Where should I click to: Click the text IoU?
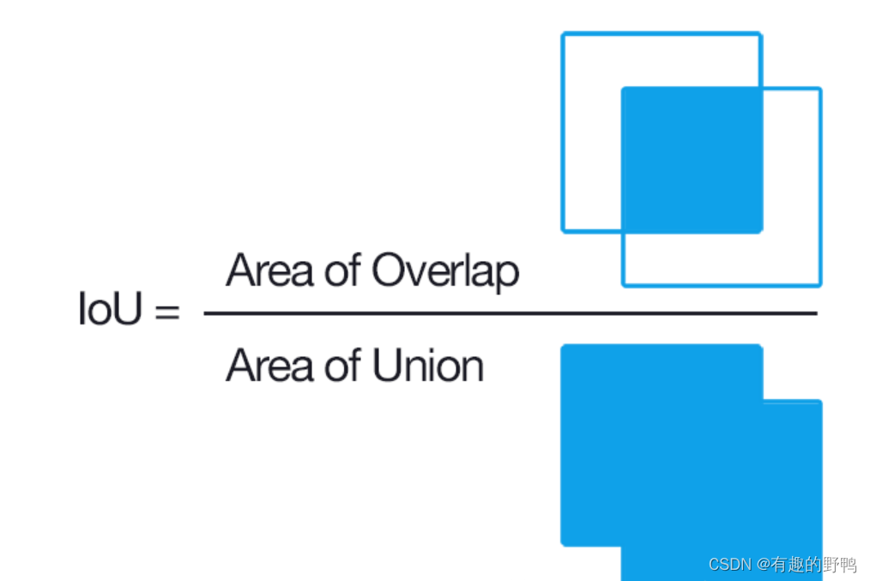pos(110,309)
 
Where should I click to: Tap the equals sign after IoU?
pos(167,311)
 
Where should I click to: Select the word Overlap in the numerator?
pos(445,271)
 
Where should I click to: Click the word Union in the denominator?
pos(428,365)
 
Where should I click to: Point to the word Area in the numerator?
pos(269,269)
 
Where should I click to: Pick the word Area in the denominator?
pos(269,365)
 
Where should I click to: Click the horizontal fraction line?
pos(511,313)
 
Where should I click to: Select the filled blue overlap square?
pos(692,160)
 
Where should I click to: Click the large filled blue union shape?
pos(692,463)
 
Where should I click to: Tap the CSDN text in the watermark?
pos(729,565)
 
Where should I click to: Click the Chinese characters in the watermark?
pos(813,565)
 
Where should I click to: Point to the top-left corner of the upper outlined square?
pos(562,33)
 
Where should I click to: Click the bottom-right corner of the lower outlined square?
pos(820,286)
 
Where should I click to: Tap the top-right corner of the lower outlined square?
pos(820,88)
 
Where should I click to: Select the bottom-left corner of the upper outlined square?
pos(563,231)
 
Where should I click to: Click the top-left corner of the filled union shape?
pos(561,345)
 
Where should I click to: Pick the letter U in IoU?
pos(126,308)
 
